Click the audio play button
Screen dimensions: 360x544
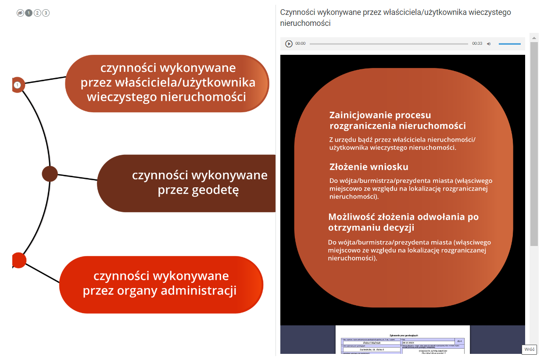[289, 44]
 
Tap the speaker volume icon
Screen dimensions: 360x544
[489, 44]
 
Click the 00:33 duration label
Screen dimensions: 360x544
[477, 44]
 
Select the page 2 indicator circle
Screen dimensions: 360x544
[37, 13]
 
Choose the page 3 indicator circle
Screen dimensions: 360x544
[46, 13]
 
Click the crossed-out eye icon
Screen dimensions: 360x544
[20, 13]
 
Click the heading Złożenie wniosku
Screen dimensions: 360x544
[369, 167]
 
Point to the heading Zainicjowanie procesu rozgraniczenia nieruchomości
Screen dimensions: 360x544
[397, 121]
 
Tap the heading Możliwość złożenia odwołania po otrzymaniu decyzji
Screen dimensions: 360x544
[403, 222]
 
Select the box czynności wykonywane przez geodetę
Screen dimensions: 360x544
[186, 183]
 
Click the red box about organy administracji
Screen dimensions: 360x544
[161, 284]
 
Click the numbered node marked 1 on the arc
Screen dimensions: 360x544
[18, 85]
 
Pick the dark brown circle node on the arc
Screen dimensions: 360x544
[50, 174]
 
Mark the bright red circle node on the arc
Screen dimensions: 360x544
[18, 260]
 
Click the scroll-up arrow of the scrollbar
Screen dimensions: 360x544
[534, 38]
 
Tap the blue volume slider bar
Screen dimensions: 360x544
[509, 44]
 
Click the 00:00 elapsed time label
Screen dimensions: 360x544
[301, 44]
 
